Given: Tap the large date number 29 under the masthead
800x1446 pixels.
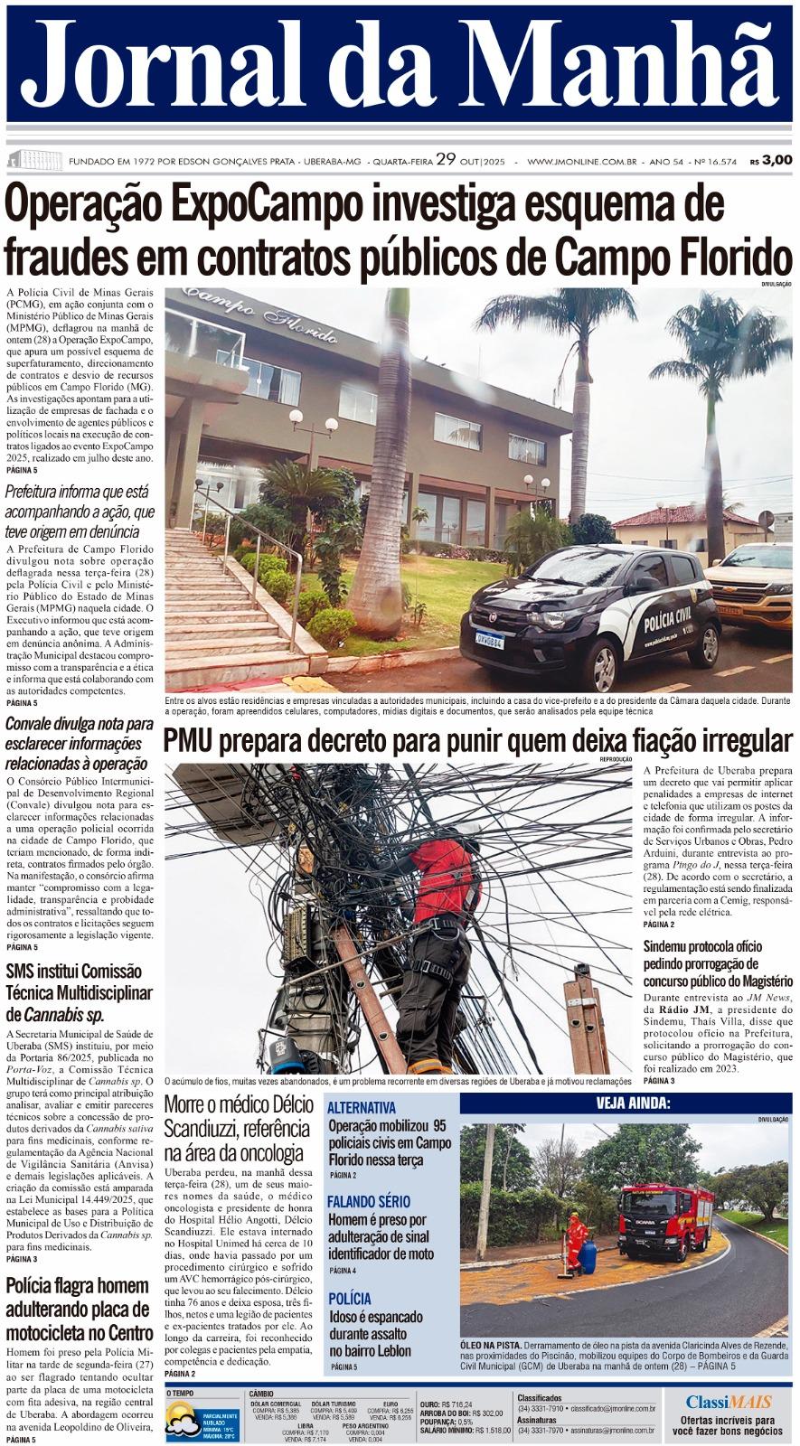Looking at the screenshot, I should coord(445,160).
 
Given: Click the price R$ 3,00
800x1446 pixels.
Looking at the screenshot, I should coord(771,160).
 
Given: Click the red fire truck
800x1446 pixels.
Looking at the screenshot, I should coord(665,1221).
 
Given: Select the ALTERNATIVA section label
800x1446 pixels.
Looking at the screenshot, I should coord(361,1107).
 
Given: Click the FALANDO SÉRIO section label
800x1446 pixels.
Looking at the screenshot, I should coord(368,1201).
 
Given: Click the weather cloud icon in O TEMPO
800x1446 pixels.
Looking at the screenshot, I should coord(183,1424).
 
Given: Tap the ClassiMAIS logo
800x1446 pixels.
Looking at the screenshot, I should coord(728,1402).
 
